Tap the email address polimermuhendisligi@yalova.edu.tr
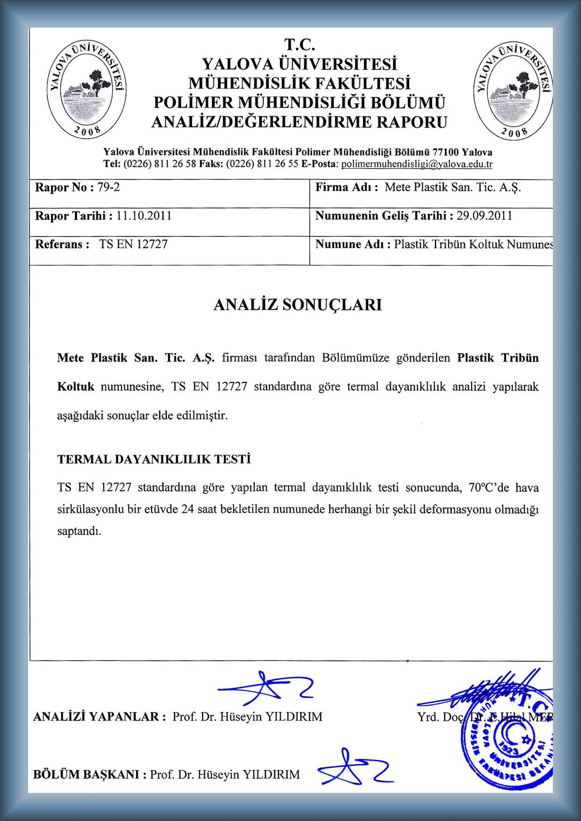coord(417,164)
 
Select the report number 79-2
coord(108,188)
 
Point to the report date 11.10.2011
coord(144,216)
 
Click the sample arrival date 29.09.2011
coord(484,216)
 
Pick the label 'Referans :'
coord(62,244)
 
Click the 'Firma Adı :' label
coord(347,188)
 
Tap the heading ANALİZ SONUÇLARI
coord(298,305)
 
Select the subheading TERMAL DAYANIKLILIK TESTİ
coord(154,459)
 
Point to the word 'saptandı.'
coord(79,532)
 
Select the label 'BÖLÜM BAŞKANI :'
coord(89,775)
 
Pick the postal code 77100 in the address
coord(446,152)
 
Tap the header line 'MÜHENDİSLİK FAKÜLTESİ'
coord(299,83)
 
